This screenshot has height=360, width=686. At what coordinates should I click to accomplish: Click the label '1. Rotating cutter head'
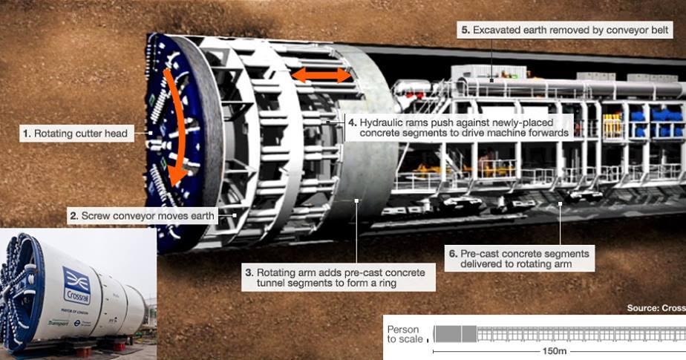75,134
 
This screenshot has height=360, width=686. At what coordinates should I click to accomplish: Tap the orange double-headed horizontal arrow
321,75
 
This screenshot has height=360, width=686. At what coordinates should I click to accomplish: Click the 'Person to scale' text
404,334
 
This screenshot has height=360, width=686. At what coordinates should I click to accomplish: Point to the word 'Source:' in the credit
641,307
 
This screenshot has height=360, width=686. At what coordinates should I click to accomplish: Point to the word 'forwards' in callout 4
547,133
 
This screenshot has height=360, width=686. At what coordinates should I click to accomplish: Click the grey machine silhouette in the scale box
454,333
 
